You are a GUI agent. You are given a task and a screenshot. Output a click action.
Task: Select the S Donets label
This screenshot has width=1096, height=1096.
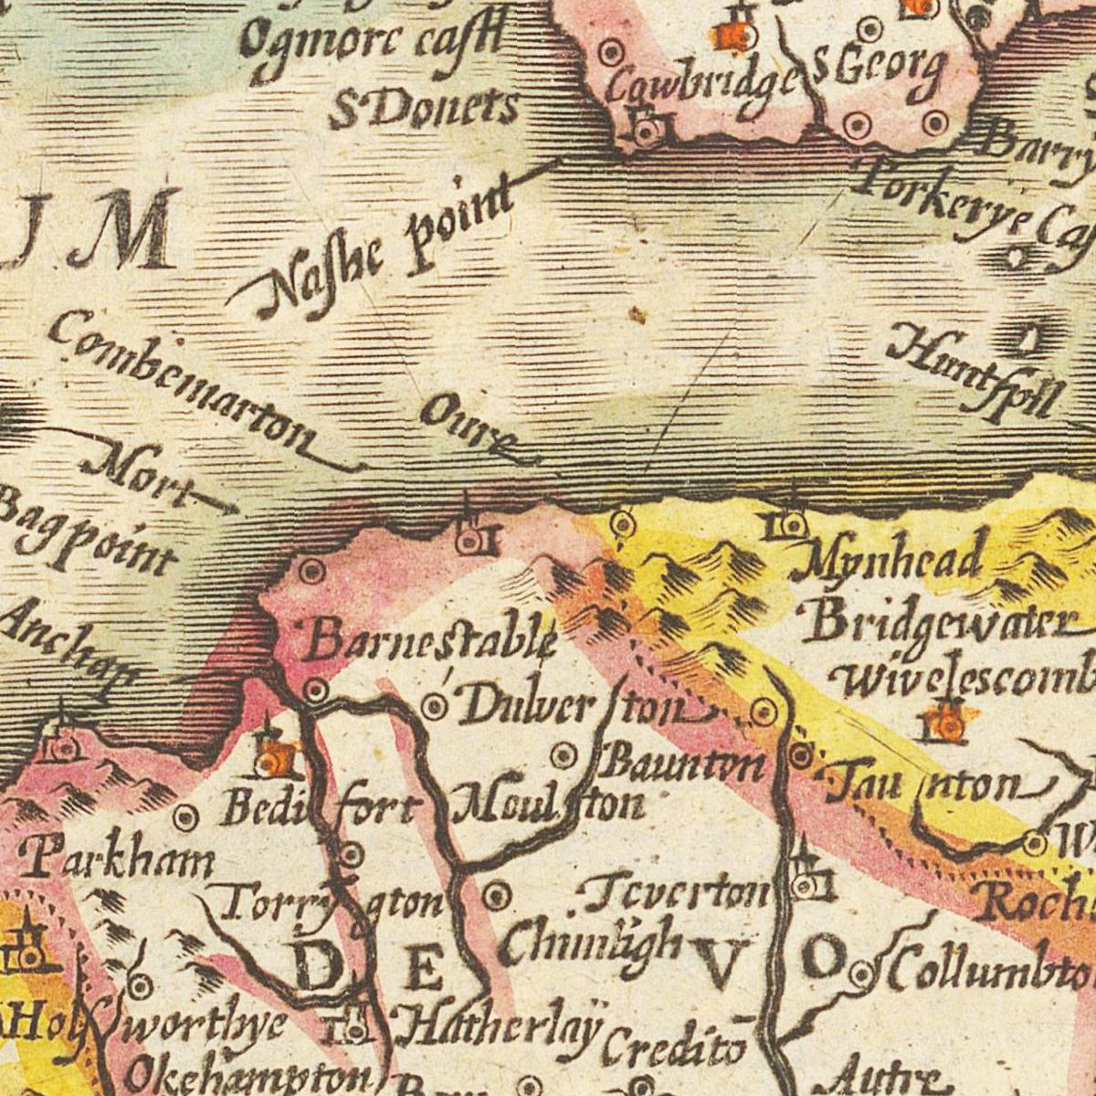423,108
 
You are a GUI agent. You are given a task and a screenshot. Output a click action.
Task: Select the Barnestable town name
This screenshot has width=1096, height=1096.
429,639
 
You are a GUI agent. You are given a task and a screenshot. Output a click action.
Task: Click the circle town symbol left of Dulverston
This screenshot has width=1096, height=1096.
437,706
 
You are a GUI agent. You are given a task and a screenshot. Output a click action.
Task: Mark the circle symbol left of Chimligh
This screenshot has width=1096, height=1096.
497,896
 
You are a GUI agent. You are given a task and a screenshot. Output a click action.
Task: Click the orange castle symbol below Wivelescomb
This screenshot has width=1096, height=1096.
948,722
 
